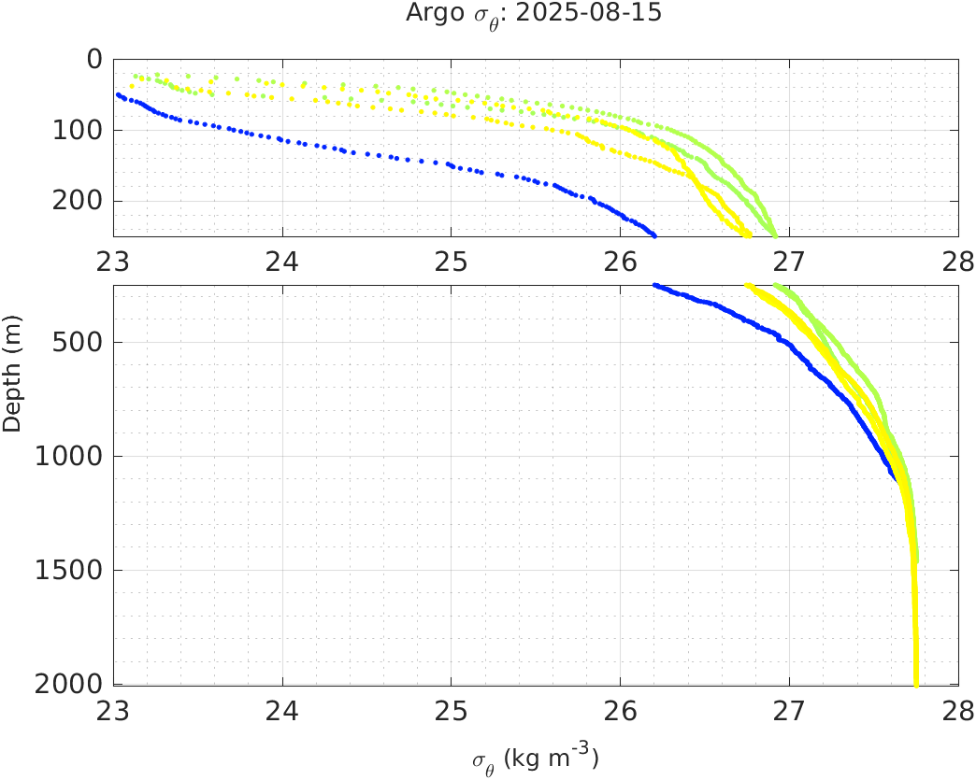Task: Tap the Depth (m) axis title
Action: point(12,384)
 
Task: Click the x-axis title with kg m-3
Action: point(536,758)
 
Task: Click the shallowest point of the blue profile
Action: point(118,94)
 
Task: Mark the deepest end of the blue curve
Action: point(897,480)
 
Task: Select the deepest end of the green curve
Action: point(916,560)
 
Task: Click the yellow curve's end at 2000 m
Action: point(916,683)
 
